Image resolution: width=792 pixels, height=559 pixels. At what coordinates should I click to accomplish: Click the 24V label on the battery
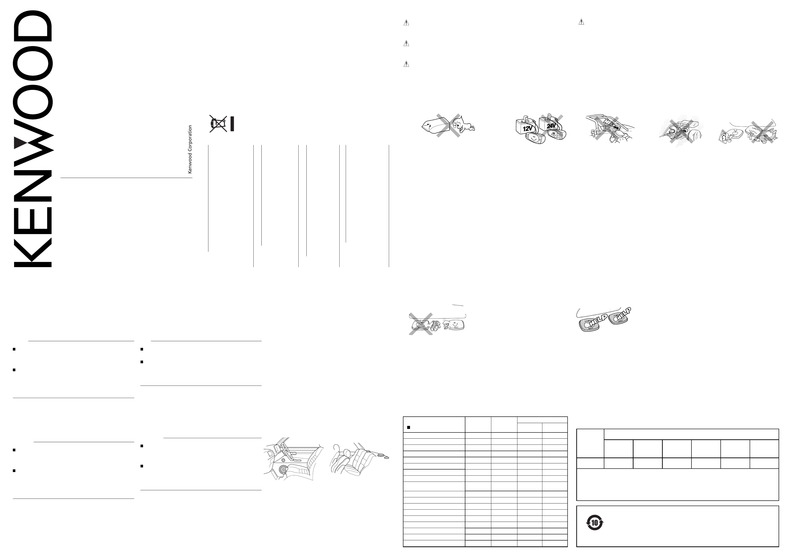(x=551, y=126)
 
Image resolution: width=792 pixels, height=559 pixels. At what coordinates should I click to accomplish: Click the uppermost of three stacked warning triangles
(x=406, y=23)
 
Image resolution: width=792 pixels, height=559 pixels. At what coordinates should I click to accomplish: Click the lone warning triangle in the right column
(x=581, y=22)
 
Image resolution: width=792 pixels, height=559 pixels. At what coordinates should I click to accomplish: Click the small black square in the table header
(x=408, y=427)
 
